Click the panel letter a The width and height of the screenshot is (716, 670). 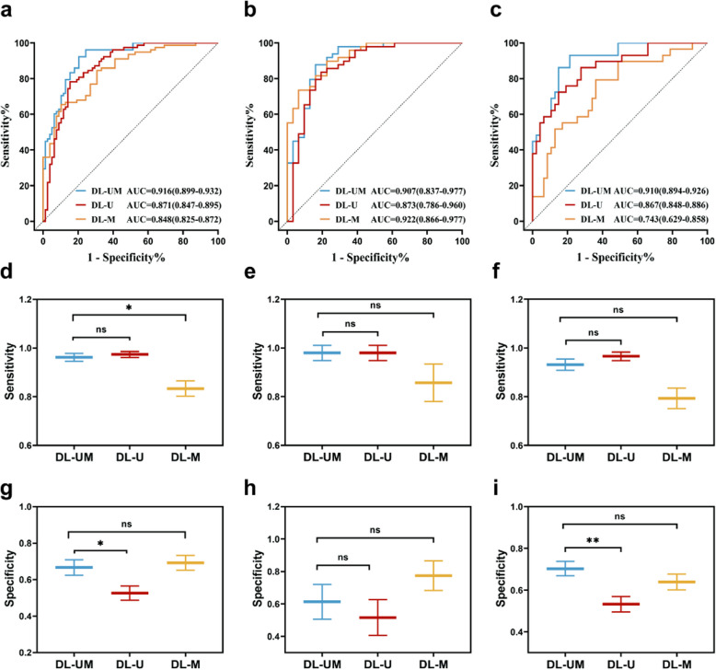6,8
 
